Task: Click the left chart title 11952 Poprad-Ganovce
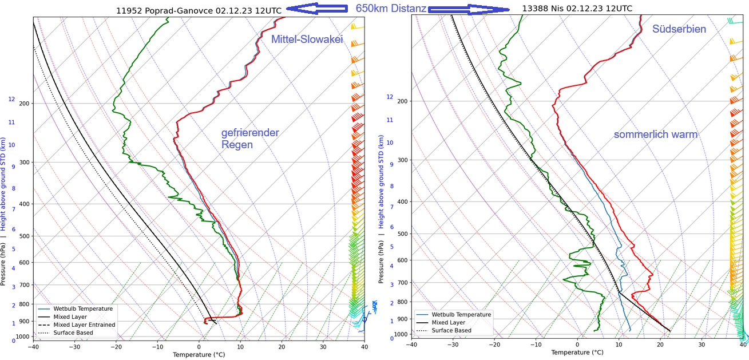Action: (x=199, y=10)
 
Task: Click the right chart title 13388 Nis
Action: (x=577, y=9)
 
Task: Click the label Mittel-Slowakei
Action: (x=307, y=39)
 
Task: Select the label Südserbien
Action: (x=679, y=29)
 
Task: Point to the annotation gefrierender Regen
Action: (x=250, y=139)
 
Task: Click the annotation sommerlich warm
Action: (x=655, y=134)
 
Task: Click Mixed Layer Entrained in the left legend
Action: (x=84, y=325)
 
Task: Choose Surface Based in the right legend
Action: (x=451, y=330)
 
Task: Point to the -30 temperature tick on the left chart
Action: (x=74, y=346)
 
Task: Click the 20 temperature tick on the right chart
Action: (x=660, y=344)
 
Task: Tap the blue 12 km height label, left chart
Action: (x=11, y=99)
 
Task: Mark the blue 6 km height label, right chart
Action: (x=391, y=227)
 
